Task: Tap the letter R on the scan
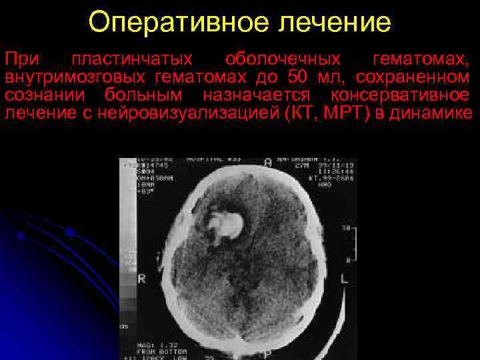pyautogui.click(x=141, y=279)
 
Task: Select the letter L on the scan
pyautogui.click(x=344, y=278)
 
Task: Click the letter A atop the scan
pyautogui.click(x=267, y=163)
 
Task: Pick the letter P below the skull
pyautogui.click(x=267, y=353)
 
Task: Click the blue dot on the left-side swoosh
pyautogui.click(x=69, y=233)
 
